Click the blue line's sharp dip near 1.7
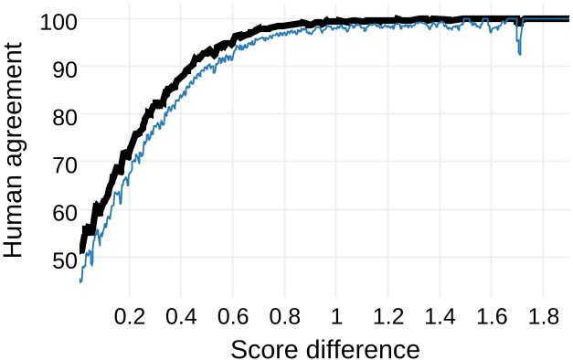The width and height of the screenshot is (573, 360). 519,51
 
